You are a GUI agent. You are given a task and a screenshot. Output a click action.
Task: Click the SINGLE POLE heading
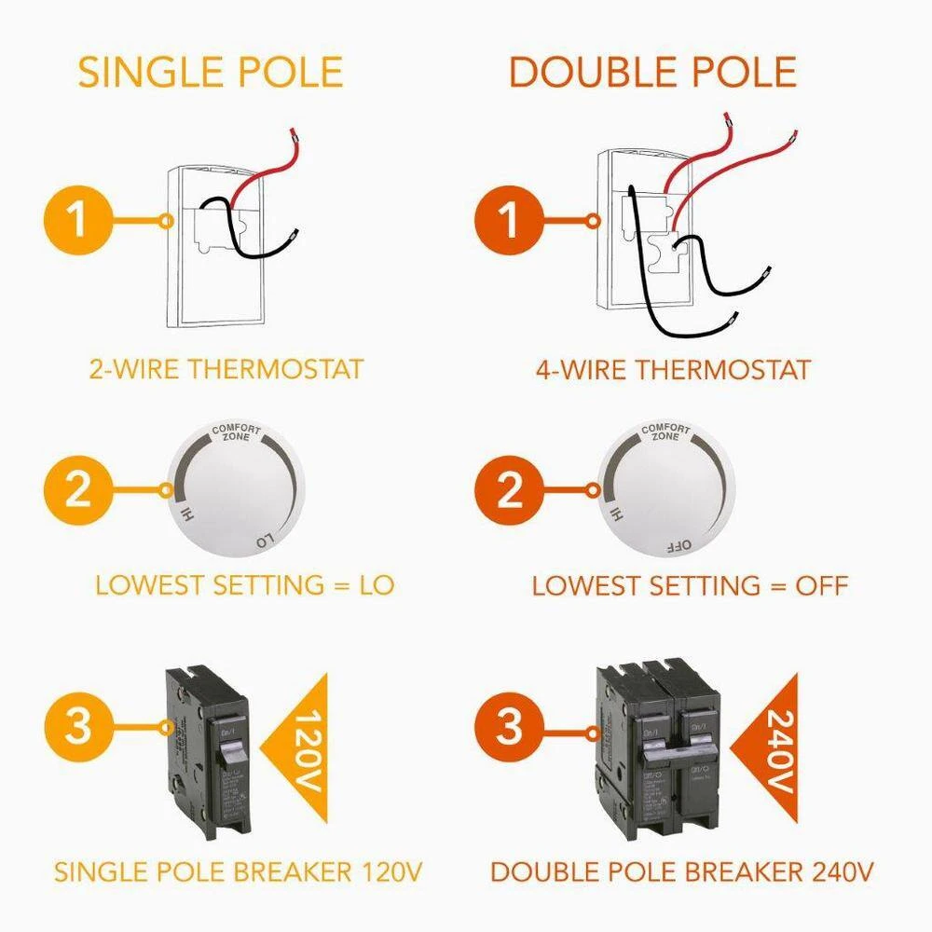pyautogui.click(x=211, y=73)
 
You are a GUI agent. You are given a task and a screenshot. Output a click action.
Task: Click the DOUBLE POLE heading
pyautogui.click(x=652, y=73)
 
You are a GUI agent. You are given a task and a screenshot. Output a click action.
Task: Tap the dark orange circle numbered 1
pyautogui.click(x=509, y=221)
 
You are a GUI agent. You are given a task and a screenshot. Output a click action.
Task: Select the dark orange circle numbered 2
pyautogui.click(x=509, y=490)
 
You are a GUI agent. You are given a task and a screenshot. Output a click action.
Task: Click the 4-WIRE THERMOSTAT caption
pyautogui.click(x=673, y=369)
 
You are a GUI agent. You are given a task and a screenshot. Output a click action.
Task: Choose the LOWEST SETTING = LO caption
pyautogui.click(x=245, y=585)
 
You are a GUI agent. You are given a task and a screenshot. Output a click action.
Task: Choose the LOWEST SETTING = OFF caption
pyautogui.click(x=690, y=586)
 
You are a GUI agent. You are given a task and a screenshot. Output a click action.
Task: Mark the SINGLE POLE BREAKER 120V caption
pyautogui.click(x=239, y=873)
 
